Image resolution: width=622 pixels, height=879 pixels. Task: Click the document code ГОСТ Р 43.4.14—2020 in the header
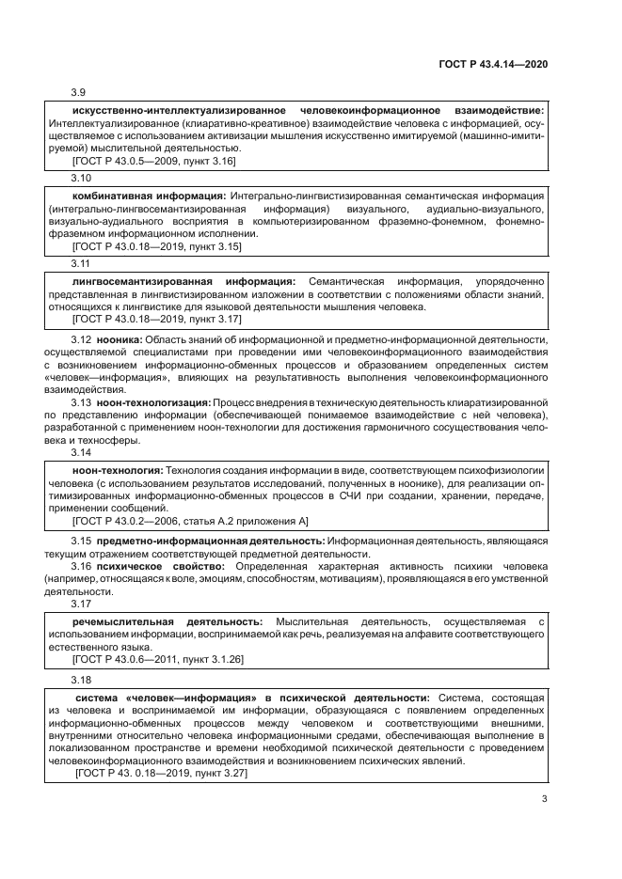(x=493, y=63)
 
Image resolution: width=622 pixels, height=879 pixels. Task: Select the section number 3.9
(x=79, y=92)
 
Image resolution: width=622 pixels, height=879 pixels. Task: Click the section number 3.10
(x=82, y=178)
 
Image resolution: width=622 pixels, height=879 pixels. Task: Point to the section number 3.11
(x=82, y=264)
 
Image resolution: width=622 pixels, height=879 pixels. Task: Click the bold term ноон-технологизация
(x=153, y=402)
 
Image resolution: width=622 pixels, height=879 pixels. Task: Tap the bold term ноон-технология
(x=118, y=469)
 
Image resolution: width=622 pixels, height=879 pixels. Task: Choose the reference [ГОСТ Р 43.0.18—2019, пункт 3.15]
(x=156, y=247)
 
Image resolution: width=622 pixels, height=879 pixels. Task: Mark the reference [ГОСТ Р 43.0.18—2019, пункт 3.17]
(x=156, y=320)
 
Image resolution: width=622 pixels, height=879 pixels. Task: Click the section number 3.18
(x=82, y=679)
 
